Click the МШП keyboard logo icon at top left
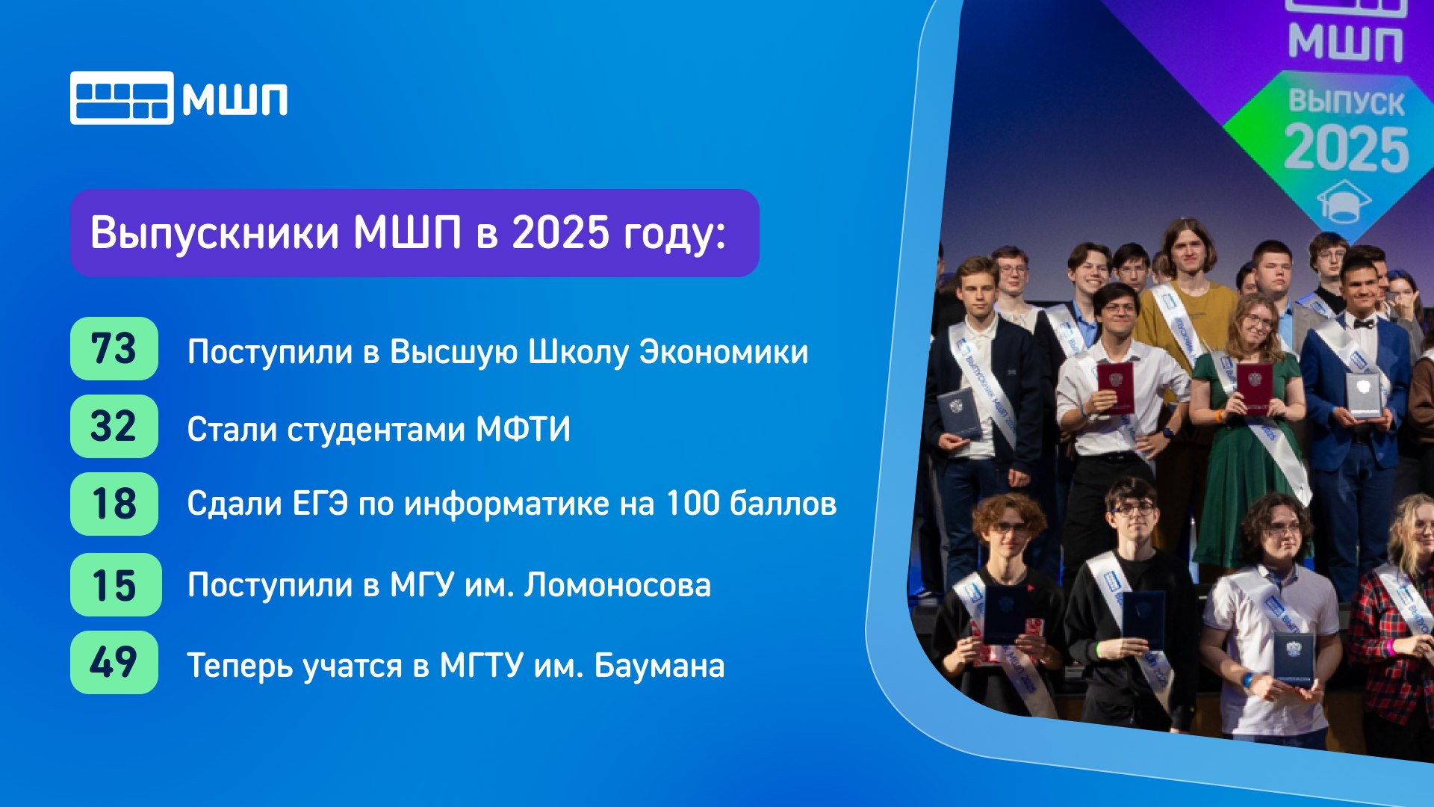point(122,98)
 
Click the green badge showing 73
point(114,349)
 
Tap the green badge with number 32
point(114,427)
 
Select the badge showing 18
point(114,504)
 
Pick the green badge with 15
point(116,585)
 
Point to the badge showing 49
point(114,663)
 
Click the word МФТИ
point(523,430)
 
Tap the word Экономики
point(724,352)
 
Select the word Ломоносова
point(617,585)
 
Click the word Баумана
point(659,666)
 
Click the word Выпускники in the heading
point(215,234)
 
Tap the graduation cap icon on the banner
point(1344,201)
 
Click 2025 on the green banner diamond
point(1347,149)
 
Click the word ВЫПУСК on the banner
point(1347,102)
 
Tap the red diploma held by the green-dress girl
point(1254,388)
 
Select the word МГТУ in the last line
point(480,666)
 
